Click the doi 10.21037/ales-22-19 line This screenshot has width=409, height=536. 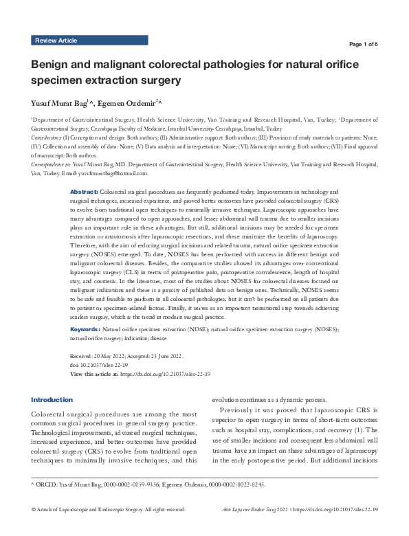pos(100,365)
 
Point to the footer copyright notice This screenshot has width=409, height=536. pos(108,528)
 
